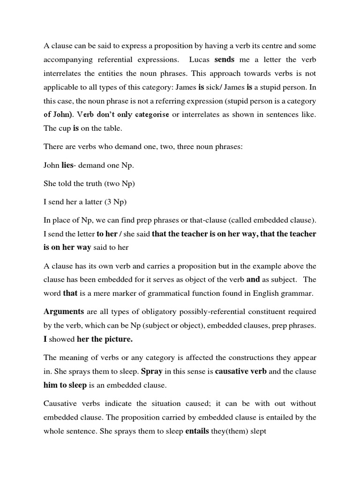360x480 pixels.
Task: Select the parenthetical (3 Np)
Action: [114, 202]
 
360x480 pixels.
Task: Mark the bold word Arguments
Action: [64, 311]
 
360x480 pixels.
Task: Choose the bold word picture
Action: [118, 339]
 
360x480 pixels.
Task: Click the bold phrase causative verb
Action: [241, 371]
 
